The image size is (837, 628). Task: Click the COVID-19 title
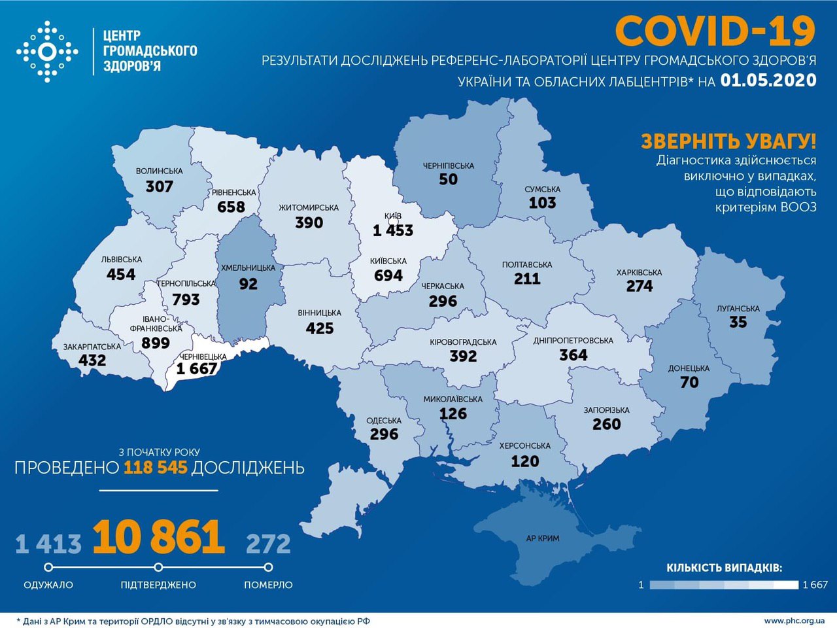[x=715, y=31]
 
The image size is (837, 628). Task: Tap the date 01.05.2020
[x=768, y=80]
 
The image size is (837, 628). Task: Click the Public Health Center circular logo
[x=47, y=51]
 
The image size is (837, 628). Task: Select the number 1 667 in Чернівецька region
[x=196, y=369]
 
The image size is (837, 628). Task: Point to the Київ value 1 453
[x=393, y=230]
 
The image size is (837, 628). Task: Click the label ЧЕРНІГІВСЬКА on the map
[x=448, y=166]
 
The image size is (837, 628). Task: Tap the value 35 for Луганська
[x=738, y=322]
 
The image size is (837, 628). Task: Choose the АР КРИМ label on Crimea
[x=543, y=538]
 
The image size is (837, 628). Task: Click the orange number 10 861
[x=159, y=537]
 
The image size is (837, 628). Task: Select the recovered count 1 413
[x=48, y=544]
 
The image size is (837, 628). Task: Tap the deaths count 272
[x=268, y=544]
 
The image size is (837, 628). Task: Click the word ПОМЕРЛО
[x=268, y=585]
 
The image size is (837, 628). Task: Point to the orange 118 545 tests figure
[x=156, y=467]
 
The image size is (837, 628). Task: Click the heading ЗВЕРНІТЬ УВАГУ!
[x=728, y=141]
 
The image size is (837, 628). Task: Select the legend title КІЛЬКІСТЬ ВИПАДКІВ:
[x=724, y=568]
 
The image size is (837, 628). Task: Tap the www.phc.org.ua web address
[x=794, y=620]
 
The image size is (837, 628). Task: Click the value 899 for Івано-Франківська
[x=156, y=343]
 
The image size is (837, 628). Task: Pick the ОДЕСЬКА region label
[x=384, y=421]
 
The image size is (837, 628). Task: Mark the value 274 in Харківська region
[x=639, y=286]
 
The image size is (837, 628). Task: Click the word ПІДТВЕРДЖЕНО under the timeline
[x=158, y=585]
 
